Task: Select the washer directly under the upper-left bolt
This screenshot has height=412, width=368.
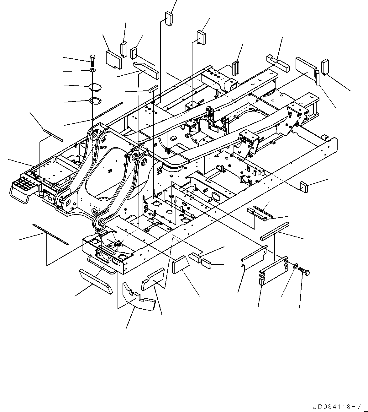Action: (93, 70)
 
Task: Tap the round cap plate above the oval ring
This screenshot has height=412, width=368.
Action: (94, 86)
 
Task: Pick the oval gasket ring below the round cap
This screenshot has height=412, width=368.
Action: (94, 101)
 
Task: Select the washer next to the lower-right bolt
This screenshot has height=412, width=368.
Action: (295, 267)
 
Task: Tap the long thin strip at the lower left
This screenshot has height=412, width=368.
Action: (50, 234)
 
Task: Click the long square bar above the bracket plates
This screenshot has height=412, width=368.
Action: (275, 231)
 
